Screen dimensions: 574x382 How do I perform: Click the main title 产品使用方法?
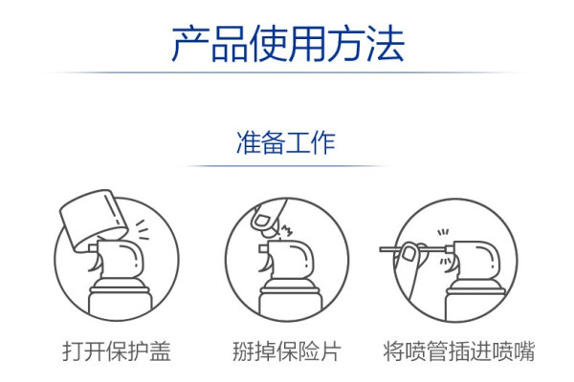click(x=288, y=44)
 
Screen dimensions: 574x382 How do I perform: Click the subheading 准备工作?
click(x=286, y=142)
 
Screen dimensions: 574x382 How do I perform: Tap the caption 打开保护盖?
click(x=117, y=351)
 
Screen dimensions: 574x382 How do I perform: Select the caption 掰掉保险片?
click(x=287, y=351)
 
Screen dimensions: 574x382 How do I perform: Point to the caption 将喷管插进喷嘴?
click(x=458, y=351)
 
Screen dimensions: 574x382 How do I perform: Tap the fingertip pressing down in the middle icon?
click(x=266, y=219)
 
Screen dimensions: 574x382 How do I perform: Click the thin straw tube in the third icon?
click(x=414, y=249)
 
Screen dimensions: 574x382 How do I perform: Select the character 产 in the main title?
click(x=190, y=44)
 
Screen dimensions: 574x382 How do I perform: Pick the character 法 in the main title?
click(x=386, y=44)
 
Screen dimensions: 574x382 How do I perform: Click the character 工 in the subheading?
click(x=298, y=142)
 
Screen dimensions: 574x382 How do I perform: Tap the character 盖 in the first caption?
click(x=160, y=351)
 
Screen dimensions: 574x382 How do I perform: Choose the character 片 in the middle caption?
click(x=331, y=351)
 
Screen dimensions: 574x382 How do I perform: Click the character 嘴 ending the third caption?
click(x=524, y=351)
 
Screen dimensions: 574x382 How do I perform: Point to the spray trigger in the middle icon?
click(x=265, y=264)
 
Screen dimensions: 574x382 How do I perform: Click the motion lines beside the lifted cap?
click(x=142, y=230)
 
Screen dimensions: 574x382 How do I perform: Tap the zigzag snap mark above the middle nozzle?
click(x=286, y=231)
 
